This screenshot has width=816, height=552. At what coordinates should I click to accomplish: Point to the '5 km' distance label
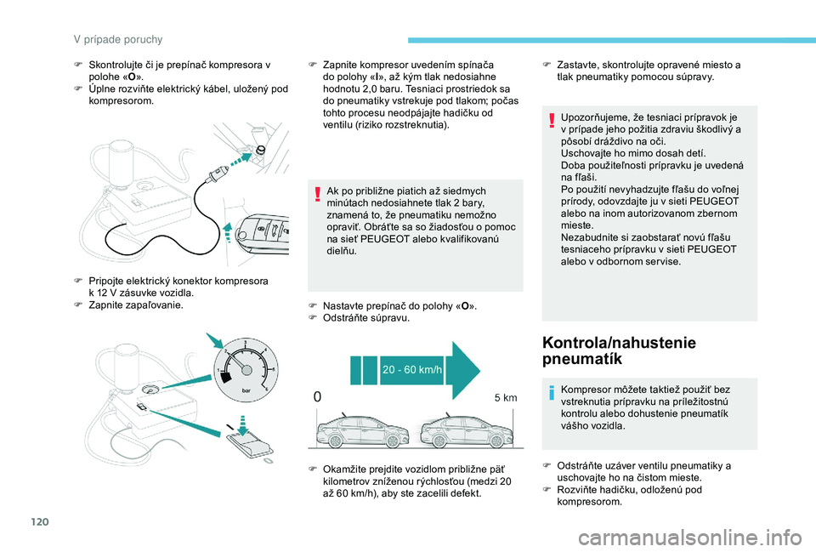point(505,398)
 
